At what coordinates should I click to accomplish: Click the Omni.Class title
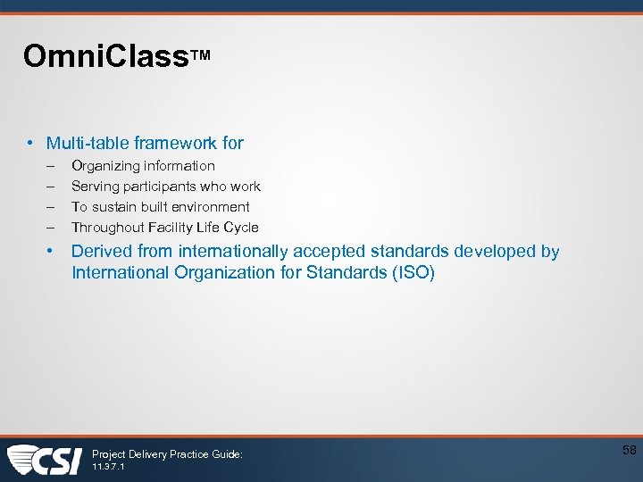105,56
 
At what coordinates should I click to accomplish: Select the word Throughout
107,228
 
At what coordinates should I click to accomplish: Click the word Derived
101,252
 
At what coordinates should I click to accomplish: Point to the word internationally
233,252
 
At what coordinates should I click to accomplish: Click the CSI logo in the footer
45,460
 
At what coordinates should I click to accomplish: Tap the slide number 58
630,451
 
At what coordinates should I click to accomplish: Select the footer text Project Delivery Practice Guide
167,454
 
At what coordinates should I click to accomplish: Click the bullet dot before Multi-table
30,143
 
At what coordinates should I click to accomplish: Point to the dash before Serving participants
51,187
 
